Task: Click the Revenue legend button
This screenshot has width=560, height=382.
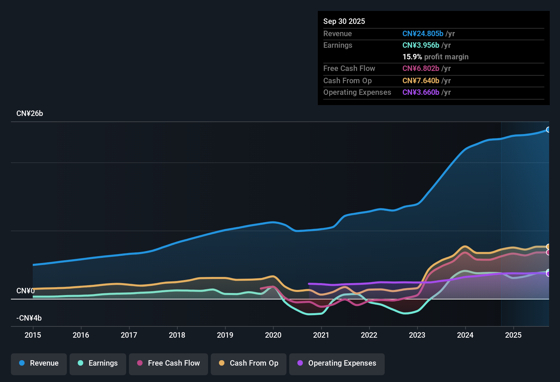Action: coord(39,363)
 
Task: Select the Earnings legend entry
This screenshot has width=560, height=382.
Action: coord(98,363)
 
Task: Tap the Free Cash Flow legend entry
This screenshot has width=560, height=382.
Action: coord(168,363)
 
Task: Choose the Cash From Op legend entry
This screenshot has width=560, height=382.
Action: coord(249,363)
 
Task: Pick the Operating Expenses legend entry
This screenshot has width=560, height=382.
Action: coord(337,363)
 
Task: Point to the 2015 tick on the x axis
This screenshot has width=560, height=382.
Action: coord(33,335)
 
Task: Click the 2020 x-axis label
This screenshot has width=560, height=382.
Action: coord(273,335)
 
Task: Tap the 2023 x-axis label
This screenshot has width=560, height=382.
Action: coord(417,335)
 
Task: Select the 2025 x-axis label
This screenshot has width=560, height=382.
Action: coord(513,335)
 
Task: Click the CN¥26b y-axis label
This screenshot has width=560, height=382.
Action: coord(30,114)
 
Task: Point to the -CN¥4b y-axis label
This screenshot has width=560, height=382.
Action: coord(29,318)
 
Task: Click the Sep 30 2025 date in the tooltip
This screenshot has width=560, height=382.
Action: coord(344,21)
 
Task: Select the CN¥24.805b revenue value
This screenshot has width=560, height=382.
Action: coord(423,34)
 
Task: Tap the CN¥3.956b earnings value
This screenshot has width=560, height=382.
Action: coord(421,45)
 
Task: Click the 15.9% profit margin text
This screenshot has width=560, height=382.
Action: coord(436,57)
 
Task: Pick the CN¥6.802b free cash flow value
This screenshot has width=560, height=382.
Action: coord(421,69)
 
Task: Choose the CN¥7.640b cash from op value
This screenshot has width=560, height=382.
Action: coord(421,81)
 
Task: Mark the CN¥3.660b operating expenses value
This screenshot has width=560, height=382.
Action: coord(421,92)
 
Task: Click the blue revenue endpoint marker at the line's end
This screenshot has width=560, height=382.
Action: coord(548,130)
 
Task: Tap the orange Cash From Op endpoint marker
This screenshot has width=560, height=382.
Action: coord(548,247)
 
